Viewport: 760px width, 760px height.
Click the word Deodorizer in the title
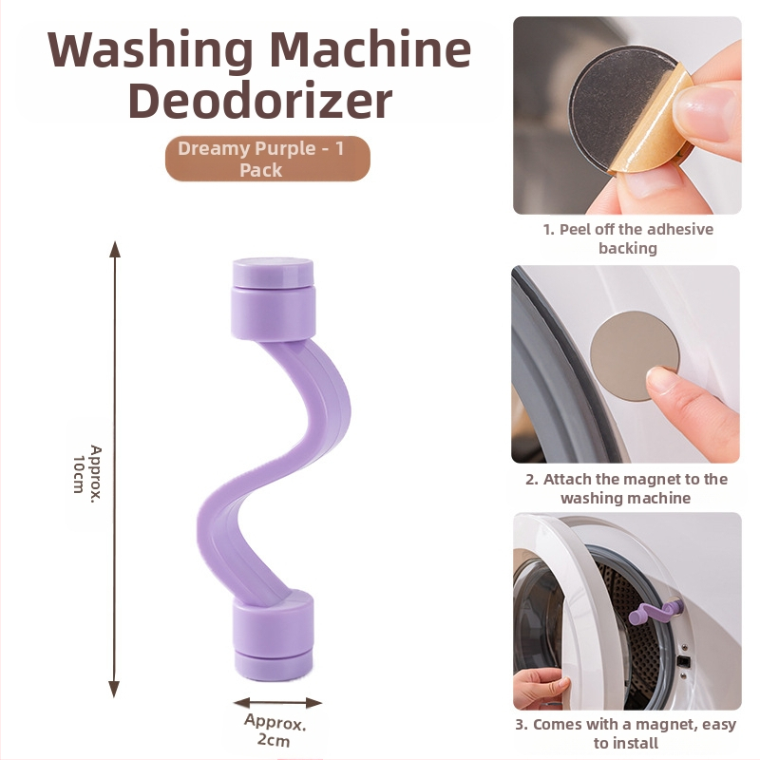coord(260,101)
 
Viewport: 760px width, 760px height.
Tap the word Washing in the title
coord(150,50)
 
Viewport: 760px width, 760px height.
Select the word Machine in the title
coord(368,49)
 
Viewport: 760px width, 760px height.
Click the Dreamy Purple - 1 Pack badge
coord(268,159)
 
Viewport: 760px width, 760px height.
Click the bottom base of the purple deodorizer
coord(274,635)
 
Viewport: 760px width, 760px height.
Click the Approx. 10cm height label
coord(87,469)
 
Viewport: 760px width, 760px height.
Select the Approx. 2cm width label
coord(275,731)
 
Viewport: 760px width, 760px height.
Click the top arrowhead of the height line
coord(114,248)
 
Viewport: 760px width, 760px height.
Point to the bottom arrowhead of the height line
coord(114,690)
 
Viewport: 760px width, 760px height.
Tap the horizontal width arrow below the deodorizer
coord(277,703)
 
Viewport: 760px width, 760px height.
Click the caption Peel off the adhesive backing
coord(628,238)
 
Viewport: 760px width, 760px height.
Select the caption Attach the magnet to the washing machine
coord(626,488)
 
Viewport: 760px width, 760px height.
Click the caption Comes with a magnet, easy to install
coord(626,733)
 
